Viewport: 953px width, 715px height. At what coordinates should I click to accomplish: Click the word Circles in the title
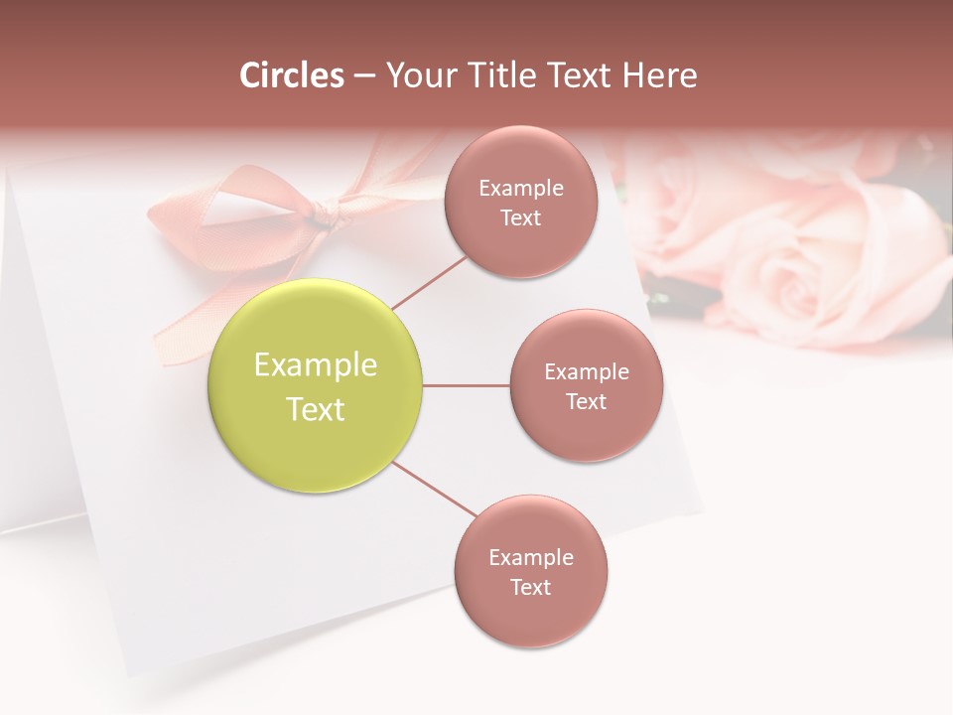tap(292, 75)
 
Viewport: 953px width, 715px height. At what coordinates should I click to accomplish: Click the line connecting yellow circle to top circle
tap(428, 282)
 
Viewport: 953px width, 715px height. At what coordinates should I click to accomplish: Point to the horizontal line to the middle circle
tap(466, 385)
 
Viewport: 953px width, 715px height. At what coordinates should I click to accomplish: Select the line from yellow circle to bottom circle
tap(434, 490)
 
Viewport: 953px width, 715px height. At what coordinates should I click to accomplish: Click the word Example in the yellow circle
tap(315, 364)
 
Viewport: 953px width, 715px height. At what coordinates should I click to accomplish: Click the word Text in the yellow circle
tap(315, 409)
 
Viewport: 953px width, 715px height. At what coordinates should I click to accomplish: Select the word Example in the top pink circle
tap(521, 189)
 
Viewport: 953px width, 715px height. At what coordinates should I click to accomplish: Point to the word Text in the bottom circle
tap(530, 587)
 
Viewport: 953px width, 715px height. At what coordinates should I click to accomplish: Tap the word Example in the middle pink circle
tap(586, 372)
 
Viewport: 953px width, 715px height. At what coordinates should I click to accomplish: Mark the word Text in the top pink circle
tap(521, 218)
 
